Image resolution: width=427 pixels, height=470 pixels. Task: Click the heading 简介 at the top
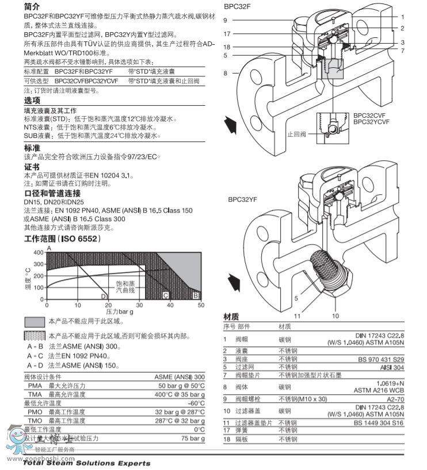coord(32,7)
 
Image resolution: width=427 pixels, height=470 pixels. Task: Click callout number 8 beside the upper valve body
coord(226,73)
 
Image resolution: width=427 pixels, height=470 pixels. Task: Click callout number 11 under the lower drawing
coord(298,315)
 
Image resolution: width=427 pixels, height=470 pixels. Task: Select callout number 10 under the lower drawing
coord(335,315)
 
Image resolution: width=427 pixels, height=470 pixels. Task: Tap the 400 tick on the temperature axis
coord(38,252)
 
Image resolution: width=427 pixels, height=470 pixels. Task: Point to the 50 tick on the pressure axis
coord(200,305)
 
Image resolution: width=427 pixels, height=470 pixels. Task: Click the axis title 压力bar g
coord(120,311)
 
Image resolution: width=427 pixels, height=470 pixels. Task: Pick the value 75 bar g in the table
coord(193,438)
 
